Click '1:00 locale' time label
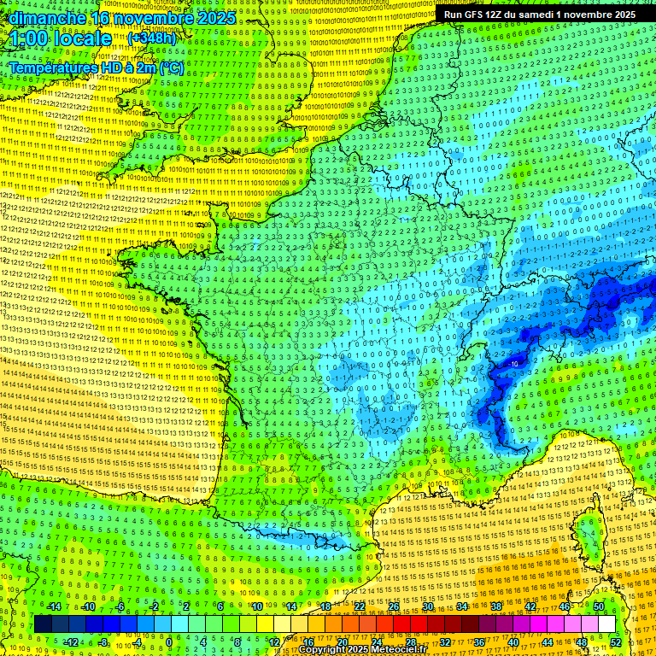[x=60, y=38]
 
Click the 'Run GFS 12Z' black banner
[x=539, y=15]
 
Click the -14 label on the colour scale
[x=55, y=606]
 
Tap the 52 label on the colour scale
[x=615, y=641]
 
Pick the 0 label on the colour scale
[x=169, y=641]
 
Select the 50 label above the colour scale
[x=598, y=606]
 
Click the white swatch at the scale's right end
[x=606, y=624]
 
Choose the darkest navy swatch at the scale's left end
[x=43, y=624]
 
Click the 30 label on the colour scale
[x=427, y=606]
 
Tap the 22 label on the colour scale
[x=359, y=606]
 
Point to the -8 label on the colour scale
[x=102, y=641]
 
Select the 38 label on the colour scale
[x=495, y=606]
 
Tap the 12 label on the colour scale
[x=273, y=641]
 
